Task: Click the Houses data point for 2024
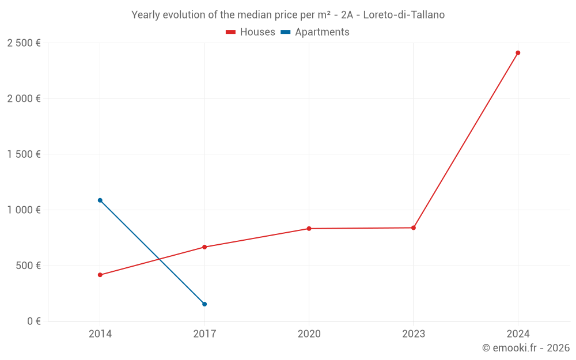518,53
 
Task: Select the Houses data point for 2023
414,228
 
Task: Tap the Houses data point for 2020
309,229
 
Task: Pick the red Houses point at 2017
204,247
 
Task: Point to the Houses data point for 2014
100,275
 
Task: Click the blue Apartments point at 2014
100,200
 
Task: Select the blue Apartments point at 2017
204,304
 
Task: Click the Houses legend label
257,32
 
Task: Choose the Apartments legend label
322,32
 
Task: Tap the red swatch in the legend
231,32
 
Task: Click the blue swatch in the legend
285,32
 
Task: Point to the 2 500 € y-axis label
24,43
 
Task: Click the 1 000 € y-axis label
24,210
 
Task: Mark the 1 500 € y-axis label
24,154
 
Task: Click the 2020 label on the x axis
309,334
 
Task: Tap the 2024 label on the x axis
518,334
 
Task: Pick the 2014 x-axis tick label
100,334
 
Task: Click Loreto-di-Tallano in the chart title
404,15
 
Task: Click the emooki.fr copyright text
526,348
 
